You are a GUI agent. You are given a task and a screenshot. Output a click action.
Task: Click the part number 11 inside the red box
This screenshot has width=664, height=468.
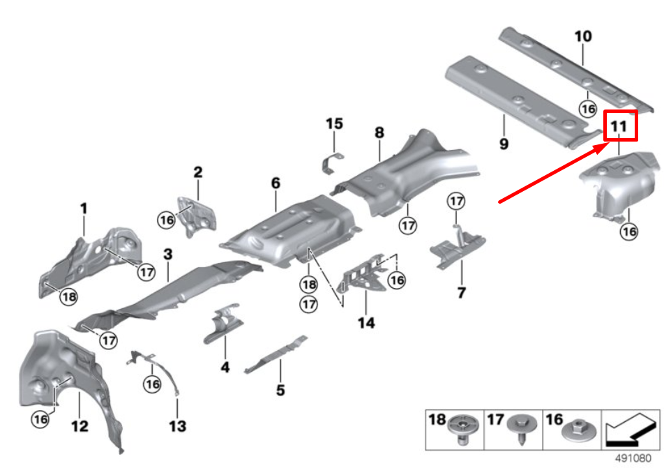(620, 127)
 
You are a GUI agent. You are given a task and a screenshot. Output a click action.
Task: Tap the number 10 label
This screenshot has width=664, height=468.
(583, 36)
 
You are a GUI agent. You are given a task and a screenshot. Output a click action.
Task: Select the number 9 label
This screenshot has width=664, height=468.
(504, 144)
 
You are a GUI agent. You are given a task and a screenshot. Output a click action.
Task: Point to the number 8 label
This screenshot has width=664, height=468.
(379, 132)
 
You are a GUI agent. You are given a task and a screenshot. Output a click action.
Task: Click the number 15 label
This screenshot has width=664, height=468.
(334, 124)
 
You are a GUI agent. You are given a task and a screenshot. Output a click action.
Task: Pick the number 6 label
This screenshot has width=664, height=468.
(276, 183)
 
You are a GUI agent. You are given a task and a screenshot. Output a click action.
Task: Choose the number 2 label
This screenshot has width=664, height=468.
(197, 172)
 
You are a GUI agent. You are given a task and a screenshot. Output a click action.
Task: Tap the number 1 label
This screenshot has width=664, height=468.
(84, 208)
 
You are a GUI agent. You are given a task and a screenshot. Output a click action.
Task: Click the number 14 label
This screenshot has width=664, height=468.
(366, 323)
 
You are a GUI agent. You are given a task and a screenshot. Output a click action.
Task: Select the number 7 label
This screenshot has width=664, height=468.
(461, 292)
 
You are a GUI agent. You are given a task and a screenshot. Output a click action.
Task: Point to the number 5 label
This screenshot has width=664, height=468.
(280, 390)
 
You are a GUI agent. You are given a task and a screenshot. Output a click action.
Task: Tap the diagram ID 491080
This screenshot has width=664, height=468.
(635, 459)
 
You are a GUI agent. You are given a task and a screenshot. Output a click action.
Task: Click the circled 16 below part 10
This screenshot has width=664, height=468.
(587, 108)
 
